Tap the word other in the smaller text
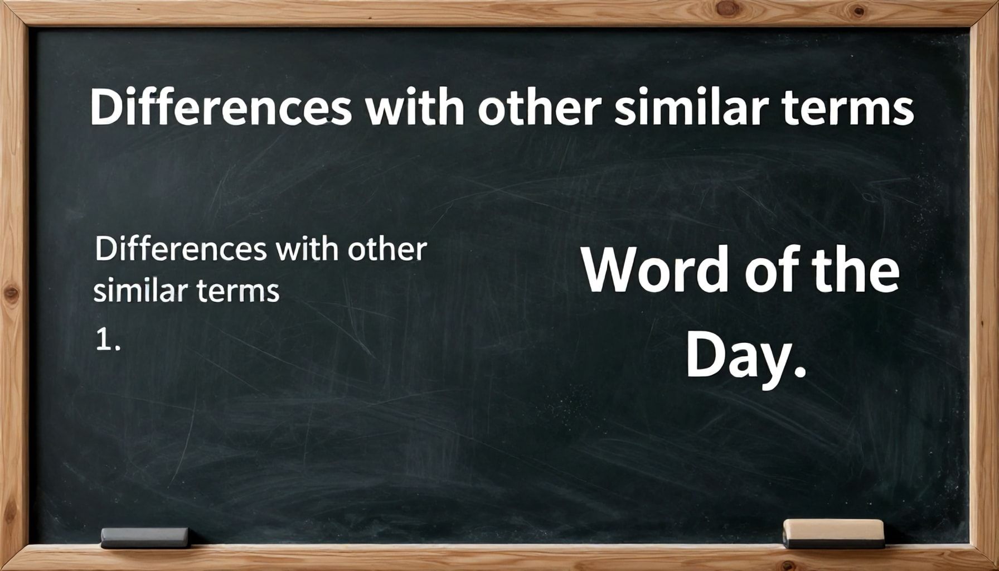(x=387, y=249)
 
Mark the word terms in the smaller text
(x=237, y=291)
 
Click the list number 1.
(x=108, y=340)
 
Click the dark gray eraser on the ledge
(x=145, y=538)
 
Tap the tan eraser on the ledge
(x=833, y=534)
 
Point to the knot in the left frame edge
(x=11, y=294)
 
